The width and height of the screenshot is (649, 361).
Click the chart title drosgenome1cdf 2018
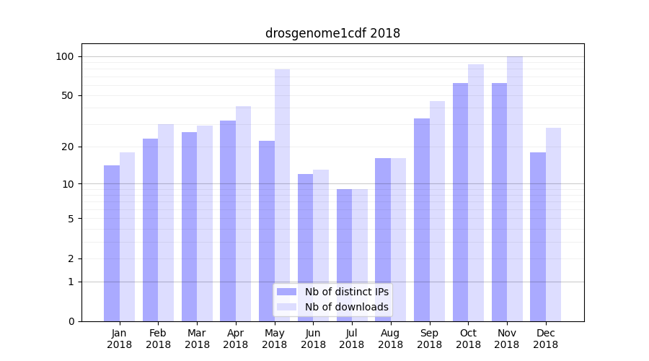(332, 33)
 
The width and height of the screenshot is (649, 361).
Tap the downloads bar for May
(282, 195)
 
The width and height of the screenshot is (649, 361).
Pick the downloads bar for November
(515, 188)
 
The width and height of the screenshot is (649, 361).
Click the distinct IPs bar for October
(460, 202)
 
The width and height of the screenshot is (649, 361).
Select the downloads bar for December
(553, 225)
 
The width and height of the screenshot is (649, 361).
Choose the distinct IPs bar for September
(422, 219)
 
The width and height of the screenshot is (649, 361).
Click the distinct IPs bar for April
(228, 221)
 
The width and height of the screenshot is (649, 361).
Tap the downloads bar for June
(321, 245)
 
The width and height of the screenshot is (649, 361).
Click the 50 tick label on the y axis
(68, 95)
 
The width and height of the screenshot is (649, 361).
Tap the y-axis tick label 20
(68, 147)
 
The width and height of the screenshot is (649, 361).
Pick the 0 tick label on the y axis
(71, 321)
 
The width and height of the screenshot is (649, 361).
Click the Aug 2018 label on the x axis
(390, 339)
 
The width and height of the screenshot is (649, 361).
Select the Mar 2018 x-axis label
(197, 339)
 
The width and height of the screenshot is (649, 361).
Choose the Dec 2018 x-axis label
(545, 339)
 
